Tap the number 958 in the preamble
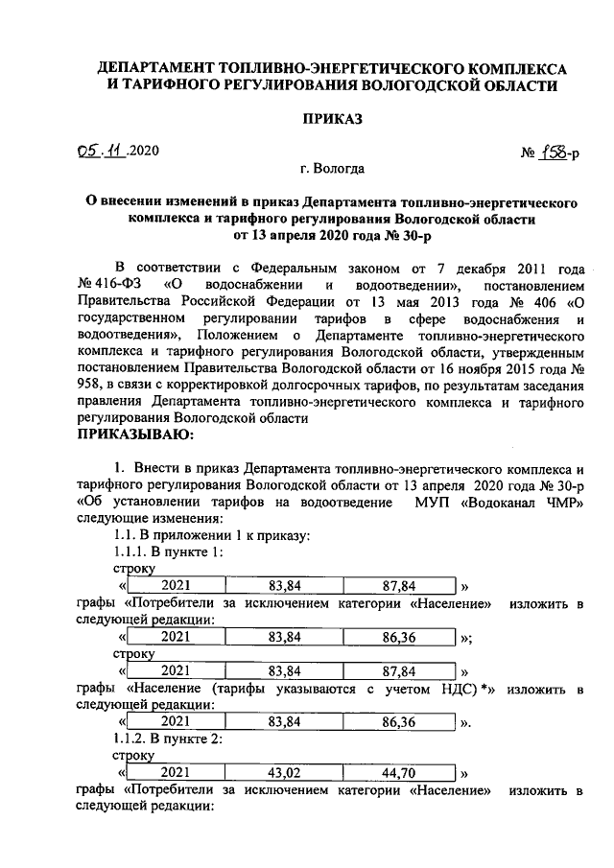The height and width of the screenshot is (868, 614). pos(90,385)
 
